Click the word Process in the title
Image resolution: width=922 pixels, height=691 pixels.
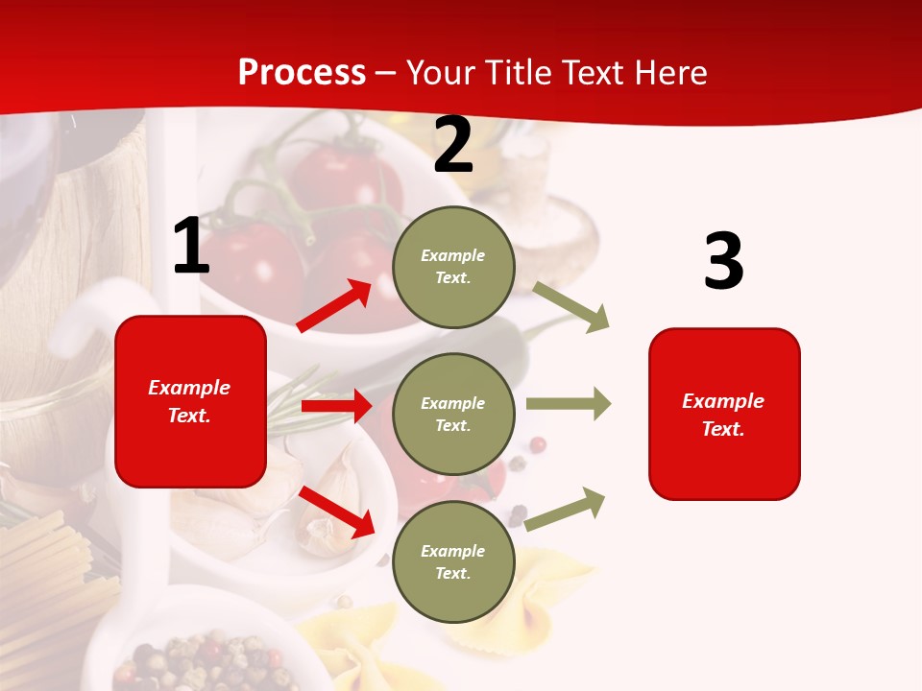302,73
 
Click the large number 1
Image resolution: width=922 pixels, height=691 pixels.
191,247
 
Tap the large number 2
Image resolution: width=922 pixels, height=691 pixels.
453,146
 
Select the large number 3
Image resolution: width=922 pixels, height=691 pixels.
723,262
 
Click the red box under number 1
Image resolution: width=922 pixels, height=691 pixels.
190,401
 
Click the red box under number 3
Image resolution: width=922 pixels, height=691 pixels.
724,414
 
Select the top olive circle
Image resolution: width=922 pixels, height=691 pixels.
453,267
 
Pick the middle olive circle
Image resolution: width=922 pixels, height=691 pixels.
453,414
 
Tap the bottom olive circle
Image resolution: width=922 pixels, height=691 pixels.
453,561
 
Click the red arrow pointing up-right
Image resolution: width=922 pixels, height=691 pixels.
334,306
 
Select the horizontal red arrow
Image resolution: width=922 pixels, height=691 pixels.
336,406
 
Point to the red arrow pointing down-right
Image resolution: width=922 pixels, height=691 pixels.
337,512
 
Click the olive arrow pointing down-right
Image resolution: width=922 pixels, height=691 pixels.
571,307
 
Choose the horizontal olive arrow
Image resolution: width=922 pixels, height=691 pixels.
569,404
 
